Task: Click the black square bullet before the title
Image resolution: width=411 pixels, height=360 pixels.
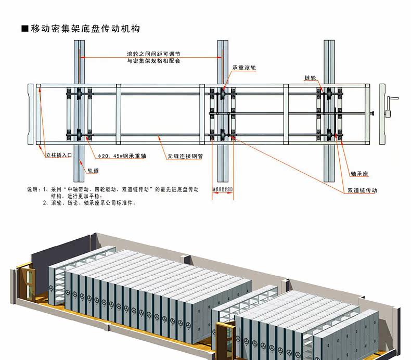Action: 24,29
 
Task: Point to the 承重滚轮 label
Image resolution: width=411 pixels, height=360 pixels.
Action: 244,68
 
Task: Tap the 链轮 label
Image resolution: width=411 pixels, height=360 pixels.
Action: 311,78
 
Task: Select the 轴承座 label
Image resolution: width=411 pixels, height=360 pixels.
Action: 359,173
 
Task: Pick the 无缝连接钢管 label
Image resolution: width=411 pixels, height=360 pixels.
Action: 185,156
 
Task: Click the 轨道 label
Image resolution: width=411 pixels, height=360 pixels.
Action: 93,170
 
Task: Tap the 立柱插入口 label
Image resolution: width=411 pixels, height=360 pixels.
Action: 57,155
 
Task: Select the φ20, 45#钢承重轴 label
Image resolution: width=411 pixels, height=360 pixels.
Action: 121,156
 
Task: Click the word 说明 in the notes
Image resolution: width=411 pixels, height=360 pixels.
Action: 32,190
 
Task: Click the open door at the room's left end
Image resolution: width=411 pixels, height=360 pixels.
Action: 25,284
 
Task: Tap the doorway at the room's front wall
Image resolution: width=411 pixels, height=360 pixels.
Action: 224,341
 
